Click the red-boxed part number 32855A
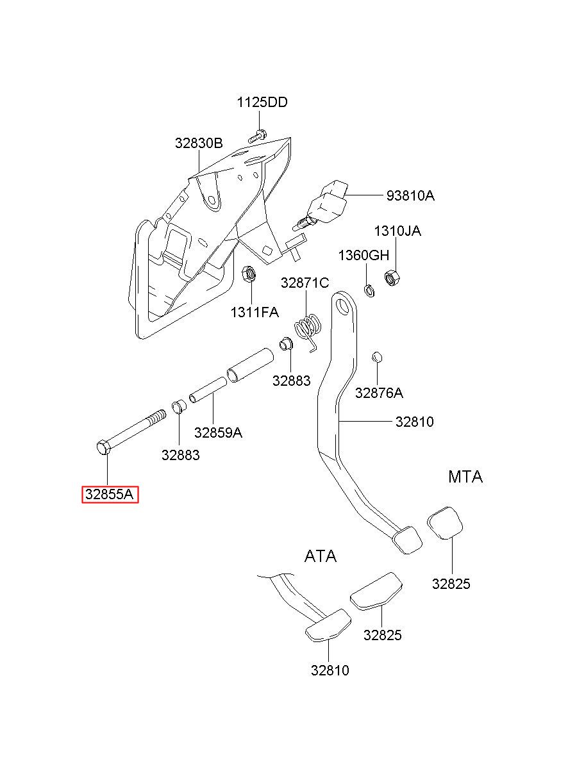point(110,494)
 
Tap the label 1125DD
point(262,102)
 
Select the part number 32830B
point(199,143)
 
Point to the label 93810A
point(410,195)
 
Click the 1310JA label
point(397,231)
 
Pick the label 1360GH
point(363,255)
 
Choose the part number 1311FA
point(255,313)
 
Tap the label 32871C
point(305,283)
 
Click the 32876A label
point(379,393)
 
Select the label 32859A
point(218,433)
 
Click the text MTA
point(465,477)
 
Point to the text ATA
point(320,556)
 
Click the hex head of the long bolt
point(103,447)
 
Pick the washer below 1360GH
point(369,290)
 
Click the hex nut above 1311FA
point(249,274)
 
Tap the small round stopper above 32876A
point(377,356)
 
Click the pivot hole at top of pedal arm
point(343,306)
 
